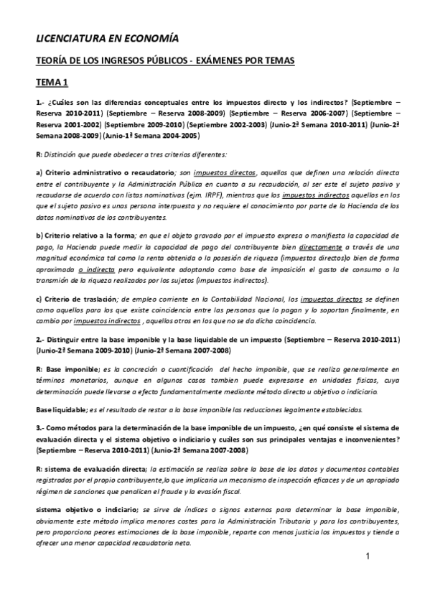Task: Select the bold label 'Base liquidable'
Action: tap(61, 409)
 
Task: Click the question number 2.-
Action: tap(42, 338)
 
